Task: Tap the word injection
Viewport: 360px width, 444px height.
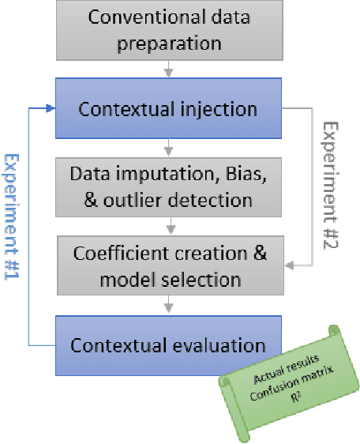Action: pos(223,108)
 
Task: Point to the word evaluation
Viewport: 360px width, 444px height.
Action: pos(223,344)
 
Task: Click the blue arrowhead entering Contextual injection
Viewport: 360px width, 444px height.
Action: pos(50,108)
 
